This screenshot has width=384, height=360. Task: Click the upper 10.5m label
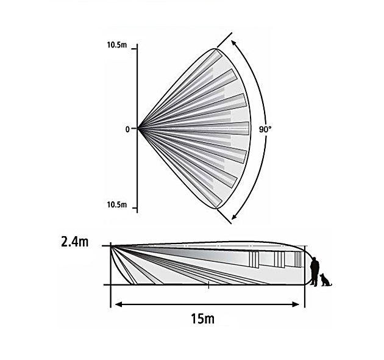[117, 45]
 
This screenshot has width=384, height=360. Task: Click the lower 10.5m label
[117, 204]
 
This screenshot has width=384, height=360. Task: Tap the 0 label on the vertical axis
[127, 129]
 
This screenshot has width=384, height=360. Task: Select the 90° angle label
[265, 129]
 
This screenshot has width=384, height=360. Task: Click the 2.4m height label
[75, 242]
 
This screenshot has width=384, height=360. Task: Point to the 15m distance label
[202, 319]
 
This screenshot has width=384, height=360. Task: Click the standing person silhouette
[315, 272]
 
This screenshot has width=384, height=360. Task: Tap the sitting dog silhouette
[325, 280]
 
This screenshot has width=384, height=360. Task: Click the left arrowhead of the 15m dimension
[118, 304]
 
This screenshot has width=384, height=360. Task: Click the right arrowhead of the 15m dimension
[296, 304]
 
